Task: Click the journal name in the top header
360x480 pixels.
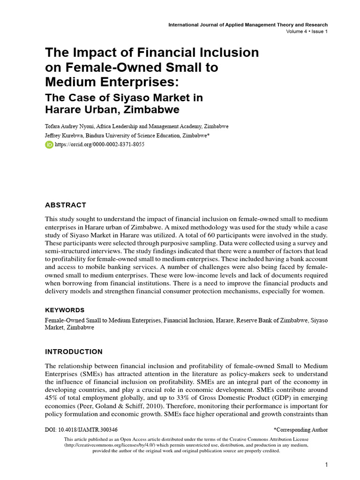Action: pos(248,25)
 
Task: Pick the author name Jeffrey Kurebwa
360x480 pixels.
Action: pos(66,135)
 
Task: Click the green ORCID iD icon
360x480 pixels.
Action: pos(49,145)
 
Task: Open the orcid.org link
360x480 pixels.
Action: pos(99,145)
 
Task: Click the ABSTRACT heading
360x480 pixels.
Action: pos(65,205)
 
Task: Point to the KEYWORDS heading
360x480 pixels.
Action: pos(65,310)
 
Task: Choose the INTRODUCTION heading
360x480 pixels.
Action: pos(73,352)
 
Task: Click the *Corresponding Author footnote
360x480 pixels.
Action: pos(300,429)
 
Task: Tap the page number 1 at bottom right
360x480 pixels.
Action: pos(326,465)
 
